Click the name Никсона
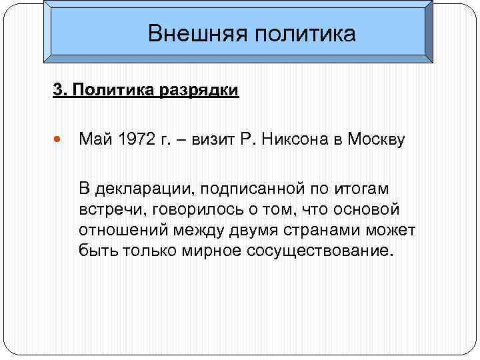click(x=296, y=141)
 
